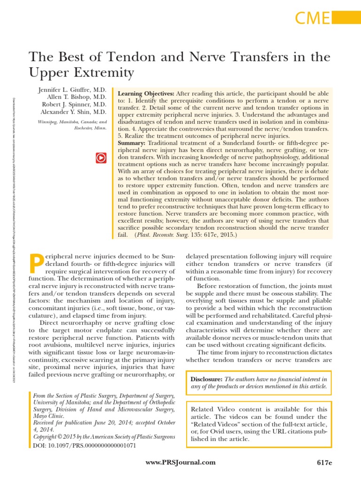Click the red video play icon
tap(100, 158)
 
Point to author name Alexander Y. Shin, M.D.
tap(74, 112)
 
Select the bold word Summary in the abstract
tap(132, 142)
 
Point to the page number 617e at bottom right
tap(324, 463)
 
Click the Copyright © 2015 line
tap(103, 436)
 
